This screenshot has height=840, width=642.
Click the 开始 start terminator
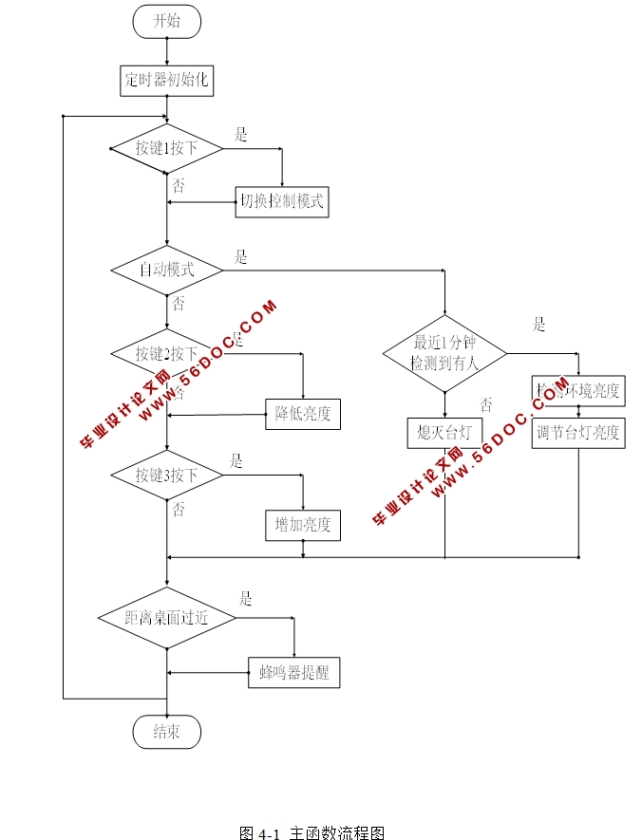pos(166,22)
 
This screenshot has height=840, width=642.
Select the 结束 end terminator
pos(166,731)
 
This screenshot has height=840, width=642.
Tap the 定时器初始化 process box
pos(166,80)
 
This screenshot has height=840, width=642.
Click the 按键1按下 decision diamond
pos(166,149)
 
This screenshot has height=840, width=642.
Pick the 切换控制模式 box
pos(282,201)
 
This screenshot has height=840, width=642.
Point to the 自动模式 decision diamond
pos(166,270)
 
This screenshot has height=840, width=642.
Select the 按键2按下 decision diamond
pos(166,355)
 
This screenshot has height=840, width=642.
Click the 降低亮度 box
pos(302,414)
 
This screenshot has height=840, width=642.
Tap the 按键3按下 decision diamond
pos(166,475)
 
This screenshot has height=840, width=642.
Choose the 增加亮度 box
pos(302,524)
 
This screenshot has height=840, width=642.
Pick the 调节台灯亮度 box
pos(577,433)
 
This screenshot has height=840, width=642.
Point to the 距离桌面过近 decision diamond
pos(166,618)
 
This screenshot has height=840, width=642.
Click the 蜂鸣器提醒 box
pos(293,673)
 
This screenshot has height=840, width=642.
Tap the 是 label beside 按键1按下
pos(241,136)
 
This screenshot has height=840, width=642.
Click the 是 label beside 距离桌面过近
pos(246,599)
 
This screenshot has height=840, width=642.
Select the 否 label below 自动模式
pos(179,304)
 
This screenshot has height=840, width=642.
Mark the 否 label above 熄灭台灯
pos(486,404)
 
